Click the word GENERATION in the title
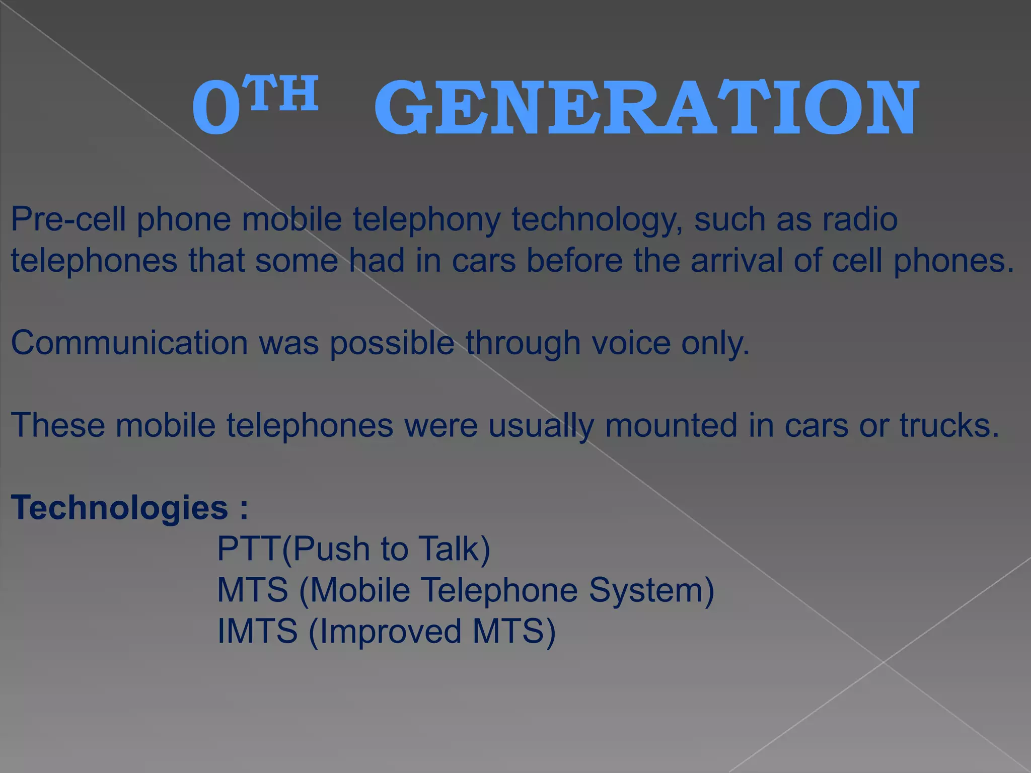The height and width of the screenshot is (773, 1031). point(646,108)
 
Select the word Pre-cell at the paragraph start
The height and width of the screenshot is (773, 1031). point(68,220)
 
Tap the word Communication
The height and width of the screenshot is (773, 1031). point(129,343)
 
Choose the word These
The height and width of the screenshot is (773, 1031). point(58,425)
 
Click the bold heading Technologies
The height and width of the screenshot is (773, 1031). point(119,508)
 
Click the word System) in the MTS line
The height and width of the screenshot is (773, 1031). point(651,590)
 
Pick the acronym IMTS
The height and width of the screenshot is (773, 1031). point(257,631)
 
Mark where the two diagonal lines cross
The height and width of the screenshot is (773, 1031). point(883,662)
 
